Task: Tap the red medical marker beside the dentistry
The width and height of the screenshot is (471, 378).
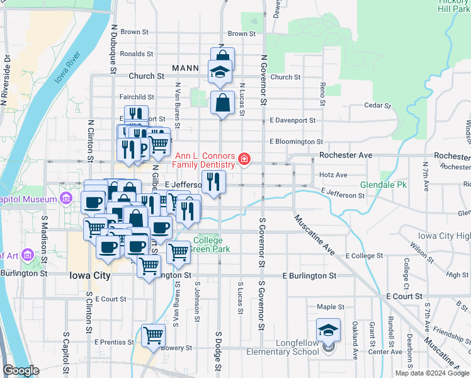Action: tap(244, 160)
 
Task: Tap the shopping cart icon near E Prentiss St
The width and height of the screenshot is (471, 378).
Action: tap(153, 335)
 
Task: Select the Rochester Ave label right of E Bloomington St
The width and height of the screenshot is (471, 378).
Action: tap(346, 155)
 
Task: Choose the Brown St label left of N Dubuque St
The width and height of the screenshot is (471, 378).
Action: tap(134, 31)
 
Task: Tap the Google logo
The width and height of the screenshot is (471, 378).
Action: tap(21, 370)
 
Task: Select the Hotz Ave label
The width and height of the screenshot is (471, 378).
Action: tap(333, 175)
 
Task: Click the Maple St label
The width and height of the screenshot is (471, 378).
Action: tap(331, 307)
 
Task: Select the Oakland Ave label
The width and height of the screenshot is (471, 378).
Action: tap(355, 340)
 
